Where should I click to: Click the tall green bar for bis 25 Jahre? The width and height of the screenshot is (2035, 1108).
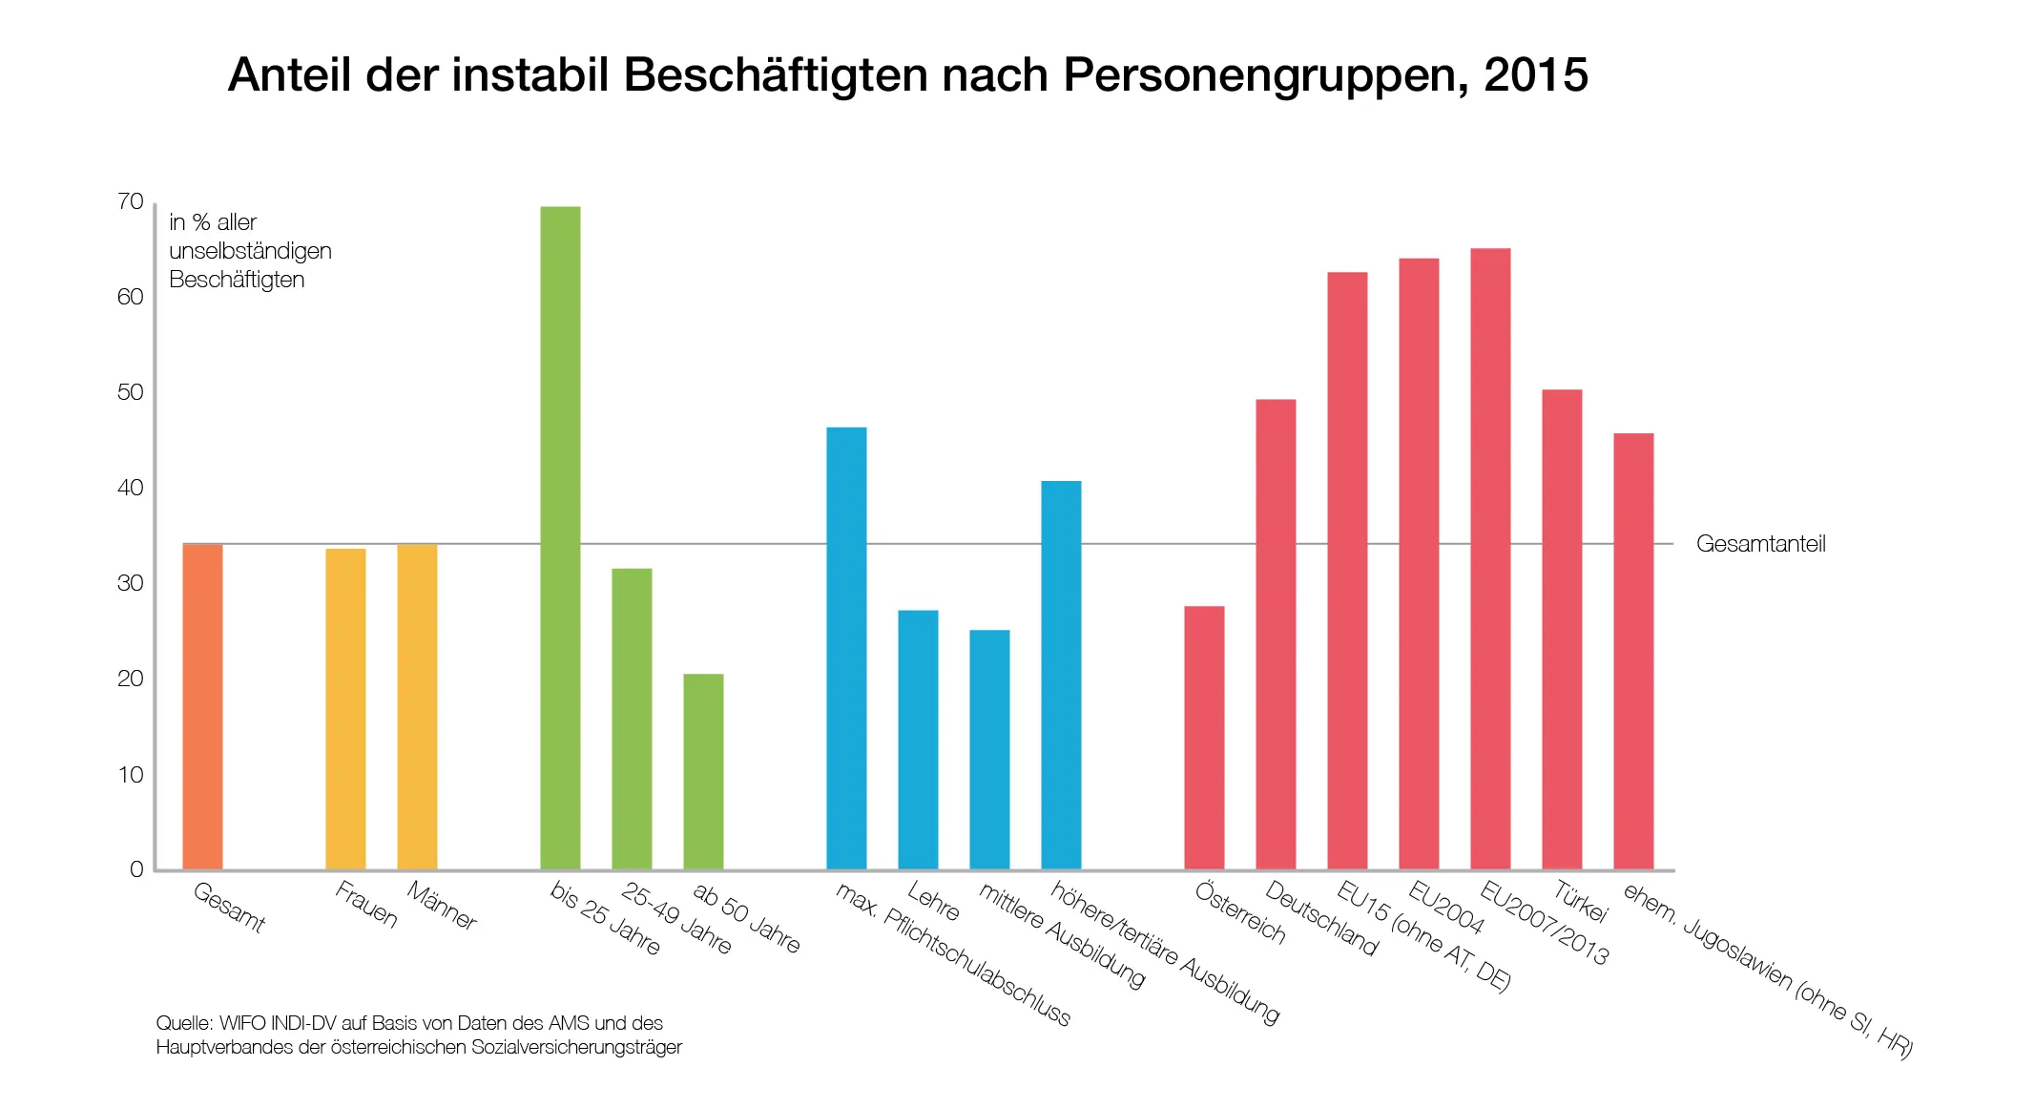tap(560, 534)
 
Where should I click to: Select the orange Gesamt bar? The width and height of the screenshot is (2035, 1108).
tap(202, 706)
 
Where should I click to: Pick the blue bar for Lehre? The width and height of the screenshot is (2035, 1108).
tap(918, 740)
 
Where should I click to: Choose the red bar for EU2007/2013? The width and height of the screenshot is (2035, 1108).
tap(1490, 558)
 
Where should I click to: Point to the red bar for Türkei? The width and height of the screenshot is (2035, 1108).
tap(1562, 630)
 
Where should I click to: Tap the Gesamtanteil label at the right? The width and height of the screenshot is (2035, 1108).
tap(1760, 544)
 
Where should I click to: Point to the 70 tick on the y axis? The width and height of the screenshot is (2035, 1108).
tap(131, 201)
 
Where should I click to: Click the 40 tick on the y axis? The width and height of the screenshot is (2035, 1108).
tap(131, 488)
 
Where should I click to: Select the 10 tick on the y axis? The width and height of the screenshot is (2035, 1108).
tap(131, 774)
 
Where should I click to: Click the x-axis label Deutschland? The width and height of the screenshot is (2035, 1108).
tap(1321, 918)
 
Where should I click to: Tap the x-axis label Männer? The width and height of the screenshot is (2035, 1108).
tap(442, 906)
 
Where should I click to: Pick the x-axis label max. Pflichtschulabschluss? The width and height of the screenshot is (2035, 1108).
tap(952, 953)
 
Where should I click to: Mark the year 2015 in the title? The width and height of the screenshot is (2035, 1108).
tap(1536, 74)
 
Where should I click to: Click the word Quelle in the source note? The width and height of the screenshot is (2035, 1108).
tap(183, 1023)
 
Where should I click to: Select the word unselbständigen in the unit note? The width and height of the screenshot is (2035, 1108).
tap(250, 251)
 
